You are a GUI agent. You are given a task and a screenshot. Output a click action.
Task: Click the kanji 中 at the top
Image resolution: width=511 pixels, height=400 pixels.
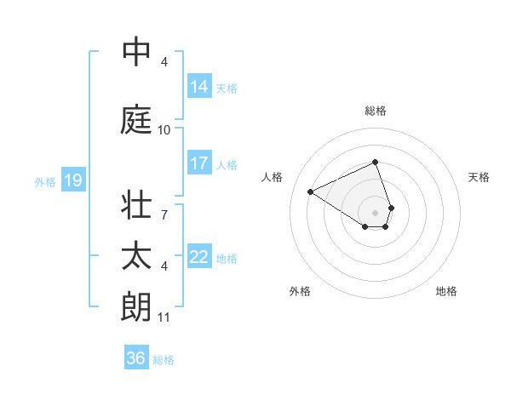point(136,53)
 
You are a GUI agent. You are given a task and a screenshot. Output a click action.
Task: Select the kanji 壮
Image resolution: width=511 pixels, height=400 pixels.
point(136,206)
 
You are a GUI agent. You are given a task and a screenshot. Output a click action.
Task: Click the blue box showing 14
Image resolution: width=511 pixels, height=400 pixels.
point(199,87)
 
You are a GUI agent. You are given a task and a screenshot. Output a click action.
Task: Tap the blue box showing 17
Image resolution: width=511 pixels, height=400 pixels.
point(199,164)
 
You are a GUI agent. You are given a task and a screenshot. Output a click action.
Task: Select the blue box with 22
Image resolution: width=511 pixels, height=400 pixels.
point(199,258)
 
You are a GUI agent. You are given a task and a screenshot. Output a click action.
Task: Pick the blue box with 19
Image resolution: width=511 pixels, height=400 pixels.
point(72,180)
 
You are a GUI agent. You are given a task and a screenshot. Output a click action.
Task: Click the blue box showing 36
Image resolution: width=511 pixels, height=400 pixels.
point(136,358)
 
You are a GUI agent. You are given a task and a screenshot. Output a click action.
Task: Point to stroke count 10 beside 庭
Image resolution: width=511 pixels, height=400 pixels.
point(164,130)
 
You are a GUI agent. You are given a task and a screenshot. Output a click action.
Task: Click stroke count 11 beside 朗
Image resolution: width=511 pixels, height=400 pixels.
point(164,318)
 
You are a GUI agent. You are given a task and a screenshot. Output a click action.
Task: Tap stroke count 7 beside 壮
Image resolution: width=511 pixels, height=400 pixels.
point(164,206)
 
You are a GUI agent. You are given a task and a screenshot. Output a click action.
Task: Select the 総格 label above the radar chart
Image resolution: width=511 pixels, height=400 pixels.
point(376,111)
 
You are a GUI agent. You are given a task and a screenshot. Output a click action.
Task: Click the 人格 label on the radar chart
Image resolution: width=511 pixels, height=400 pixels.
point(273,177)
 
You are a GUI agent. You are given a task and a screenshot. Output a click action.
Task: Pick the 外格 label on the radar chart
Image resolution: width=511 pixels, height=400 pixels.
point(300,292)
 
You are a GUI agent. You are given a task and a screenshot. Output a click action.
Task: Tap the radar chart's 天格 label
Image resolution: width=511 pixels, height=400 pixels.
point(479,177)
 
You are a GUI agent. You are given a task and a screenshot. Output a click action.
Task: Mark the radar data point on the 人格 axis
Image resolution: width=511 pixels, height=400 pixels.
point(311,191)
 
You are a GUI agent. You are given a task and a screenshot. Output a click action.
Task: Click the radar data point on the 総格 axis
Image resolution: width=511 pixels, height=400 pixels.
point(376,162)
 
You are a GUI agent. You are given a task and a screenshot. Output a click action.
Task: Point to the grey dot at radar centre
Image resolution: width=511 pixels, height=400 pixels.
point(376,212)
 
